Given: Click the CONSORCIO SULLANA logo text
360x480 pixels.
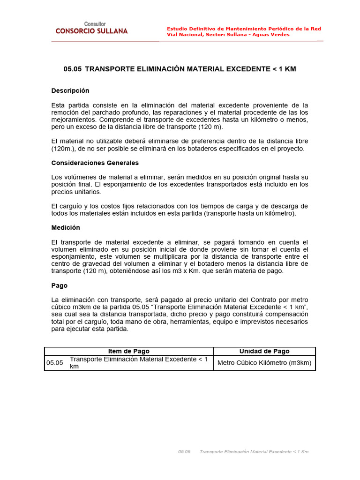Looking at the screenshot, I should tap(91, 31).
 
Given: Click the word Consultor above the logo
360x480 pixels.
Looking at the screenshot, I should tap(95, 24).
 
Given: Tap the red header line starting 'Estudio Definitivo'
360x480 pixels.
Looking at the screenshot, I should tap(244, 29).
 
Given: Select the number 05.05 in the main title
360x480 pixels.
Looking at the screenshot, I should tap(72, 69).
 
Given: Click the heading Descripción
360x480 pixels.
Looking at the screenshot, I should tap(70, 90).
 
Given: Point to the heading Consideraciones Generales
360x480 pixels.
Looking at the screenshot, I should tap(95, 163).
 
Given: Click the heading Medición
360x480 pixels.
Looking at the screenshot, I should tap(66, 227).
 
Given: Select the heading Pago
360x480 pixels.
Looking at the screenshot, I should tap(60, 285).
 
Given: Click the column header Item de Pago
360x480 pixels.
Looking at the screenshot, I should tap(129, 351).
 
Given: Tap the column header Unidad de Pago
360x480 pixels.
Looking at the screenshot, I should tap(264, 351).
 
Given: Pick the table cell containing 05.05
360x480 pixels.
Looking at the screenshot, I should tap(54, 363).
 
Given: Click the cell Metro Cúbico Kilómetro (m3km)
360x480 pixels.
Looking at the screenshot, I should tap(264, 363).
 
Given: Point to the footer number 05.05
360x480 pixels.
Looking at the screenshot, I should tap(184, 451).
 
